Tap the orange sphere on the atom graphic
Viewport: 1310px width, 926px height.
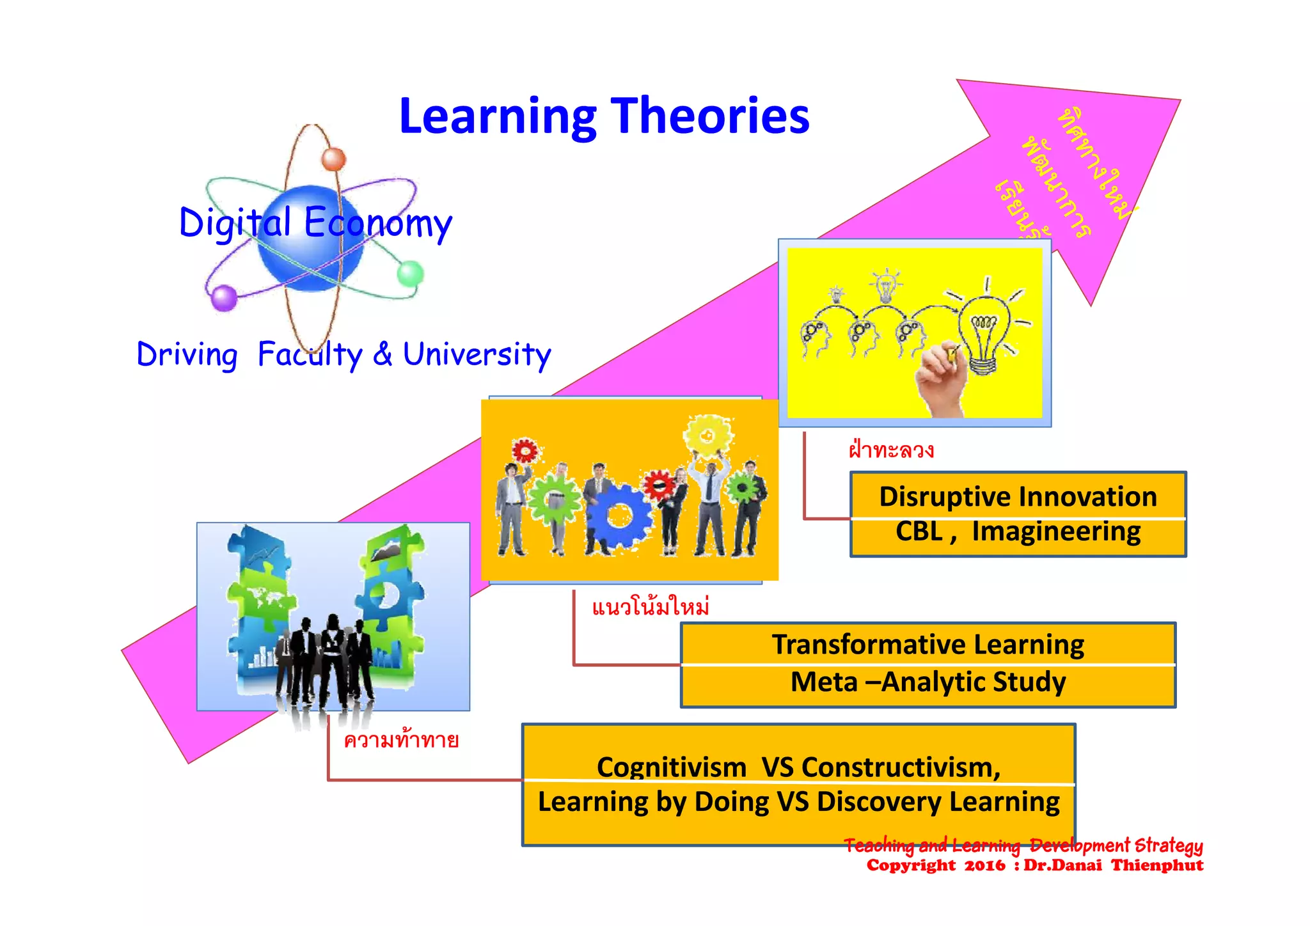tap(333, 158)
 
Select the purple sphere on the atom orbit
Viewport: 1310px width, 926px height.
tap(224, 297)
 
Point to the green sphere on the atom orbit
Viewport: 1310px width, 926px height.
tap(410, 274)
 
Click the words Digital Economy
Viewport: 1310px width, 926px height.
tap(315, 223)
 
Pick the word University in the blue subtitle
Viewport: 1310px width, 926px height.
tap(477, 354)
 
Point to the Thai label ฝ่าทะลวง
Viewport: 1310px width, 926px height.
tap(891, 450)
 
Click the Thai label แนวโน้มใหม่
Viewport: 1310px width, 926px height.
tap(650, 606)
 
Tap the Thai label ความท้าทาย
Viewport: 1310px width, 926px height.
tap(401, 741)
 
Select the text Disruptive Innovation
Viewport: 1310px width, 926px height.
tap(1018, 497)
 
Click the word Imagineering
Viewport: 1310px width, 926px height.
tap(1056, 531)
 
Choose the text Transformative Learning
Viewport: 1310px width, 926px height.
tap(927, 645)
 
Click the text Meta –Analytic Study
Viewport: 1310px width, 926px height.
tap(927, 682)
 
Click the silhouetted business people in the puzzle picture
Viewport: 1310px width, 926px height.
tap(326, 659)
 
